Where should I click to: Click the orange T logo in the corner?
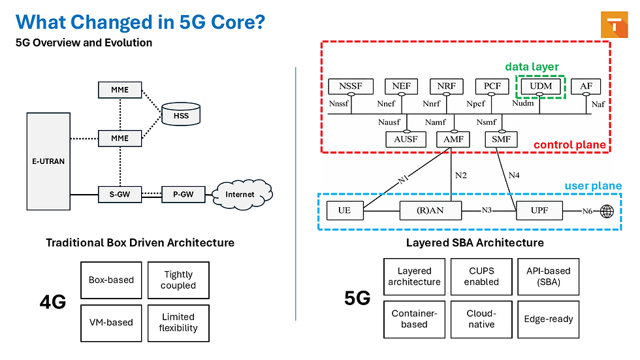point(615,25)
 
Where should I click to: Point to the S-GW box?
point(119,194)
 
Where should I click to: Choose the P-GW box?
point(183,194)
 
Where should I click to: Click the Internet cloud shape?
point(239,194)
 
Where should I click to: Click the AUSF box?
point(406,139)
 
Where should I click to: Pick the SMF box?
point(501,139)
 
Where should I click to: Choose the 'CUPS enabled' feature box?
point(481,276)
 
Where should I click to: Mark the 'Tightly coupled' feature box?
point(178,280)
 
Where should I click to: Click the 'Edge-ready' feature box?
point(548,319)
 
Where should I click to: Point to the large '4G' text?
point(53,302)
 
